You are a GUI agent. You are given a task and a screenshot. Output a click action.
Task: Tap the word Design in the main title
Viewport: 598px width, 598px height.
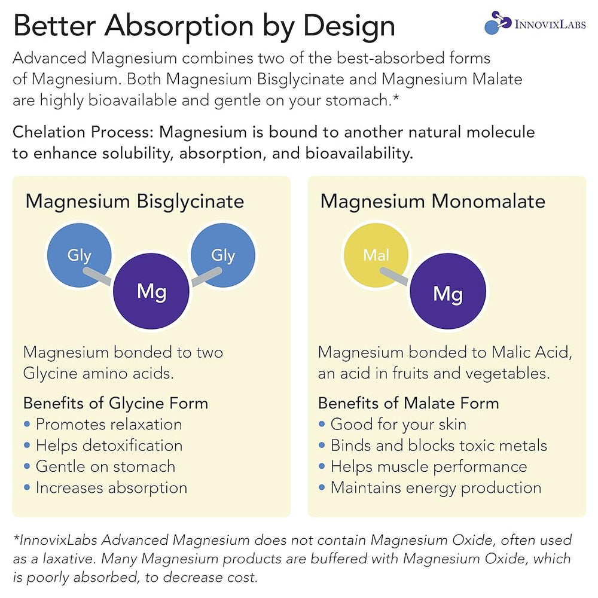[349, 27]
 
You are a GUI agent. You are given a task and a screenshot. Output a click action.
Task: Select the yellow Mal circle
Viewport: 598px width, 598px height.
[376, 255]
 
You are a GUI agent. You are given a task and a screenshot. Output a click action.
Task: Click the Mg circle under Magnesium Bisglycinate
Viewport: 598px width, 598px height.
[151, 291]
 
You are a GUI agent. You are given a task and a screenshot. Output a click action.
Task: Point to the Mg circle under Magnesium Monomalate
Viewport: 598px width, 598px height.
[448, 291]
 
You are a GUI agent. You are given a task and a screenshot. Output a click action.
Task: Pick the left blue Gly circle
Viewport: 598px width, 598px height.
[80, 255]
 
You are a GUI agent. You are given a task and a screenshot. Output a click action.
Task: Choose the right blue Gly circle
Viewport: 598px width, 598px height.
[223, 255]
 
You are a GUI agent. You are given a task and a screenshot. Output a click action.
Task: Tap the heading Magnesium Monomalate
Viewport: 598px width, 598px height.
[433, 201]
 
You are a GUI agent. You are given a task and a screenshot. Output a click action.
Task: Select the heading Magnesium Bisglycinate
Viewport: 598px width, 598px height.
[135, 202]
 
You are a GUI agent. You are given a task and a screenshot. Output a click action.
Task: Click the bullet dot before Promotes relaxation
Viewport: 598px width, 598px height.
[27, 424]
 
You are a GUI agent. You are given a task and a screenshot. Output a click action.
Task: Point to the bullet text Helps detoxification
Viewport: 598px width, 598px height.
[109, 445]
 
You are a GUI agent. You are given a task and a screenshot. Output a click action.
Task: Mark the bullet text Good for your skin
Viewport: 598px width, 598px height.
[398, 424]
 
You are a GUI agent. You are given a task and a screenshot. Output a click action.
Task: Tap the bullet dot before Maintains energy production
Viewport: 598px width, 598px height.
[322, 487]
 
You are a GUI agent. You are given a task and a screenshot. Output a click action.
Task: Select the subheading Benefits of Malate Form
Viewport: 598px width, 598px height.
[408, 403]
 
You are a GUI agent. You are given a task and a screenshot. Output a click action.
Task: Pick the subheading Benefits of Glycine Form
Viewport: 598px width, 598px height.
[115, 403]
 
